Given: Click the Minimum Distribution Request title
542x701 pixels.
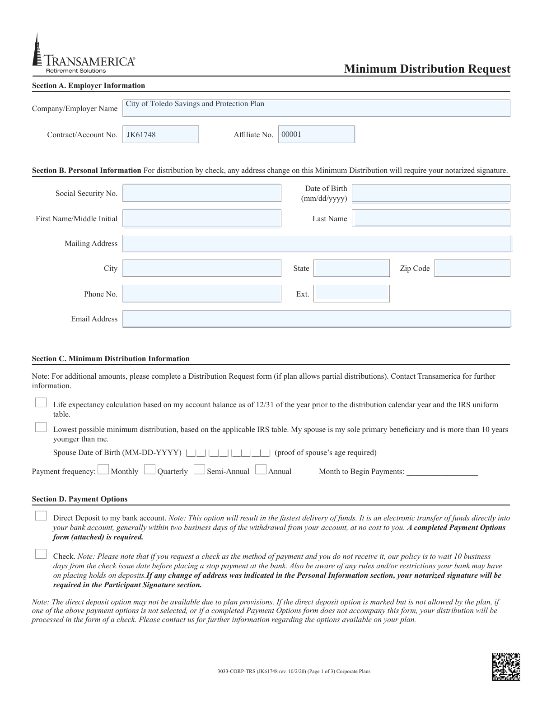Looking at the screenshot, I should (427, 69).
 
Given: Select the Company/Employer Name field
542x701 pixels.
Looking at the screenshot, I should (316, 108).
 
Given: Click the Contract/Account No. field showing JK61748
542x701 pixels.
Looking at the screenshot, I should (160, 135).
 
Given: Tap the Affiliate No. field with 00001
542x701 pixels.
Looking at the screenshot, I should (316, 135).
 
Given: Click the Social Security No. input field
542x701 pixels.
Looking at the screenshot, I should (201, 193).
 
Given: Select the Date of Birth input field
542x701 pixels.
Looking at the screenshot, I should (431, 193).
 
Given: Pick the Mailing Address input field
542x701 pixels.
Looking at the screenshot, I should (316, 243).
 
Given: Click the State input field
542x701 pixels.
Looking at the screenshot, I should (351, 268).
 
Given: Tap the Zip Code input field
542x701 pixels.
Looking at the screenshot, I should (472, 268).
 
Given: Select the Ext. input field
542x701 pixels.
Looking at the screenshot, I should (351, 293).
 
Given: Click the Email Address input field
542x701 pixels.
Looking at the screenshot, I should (316, 319).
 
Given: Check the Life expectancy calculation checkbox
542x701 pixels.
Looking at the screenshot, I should (41, 403).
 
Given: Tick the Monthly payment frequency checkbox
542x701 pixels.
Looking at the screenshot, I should (103, 470).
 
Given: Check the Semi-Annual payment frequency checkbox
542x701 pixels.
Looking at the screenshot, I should (199, 470).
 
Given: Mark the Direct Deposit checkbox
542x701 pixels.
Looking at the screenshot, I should (41, 516).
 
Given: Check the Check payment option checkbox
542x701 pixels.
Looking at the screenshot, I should (41, 554).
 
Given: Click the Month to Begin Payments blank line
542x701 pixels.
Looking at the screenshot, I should (442, 472).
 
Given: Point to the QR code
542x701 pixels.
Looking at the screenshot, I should (506, 667).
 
